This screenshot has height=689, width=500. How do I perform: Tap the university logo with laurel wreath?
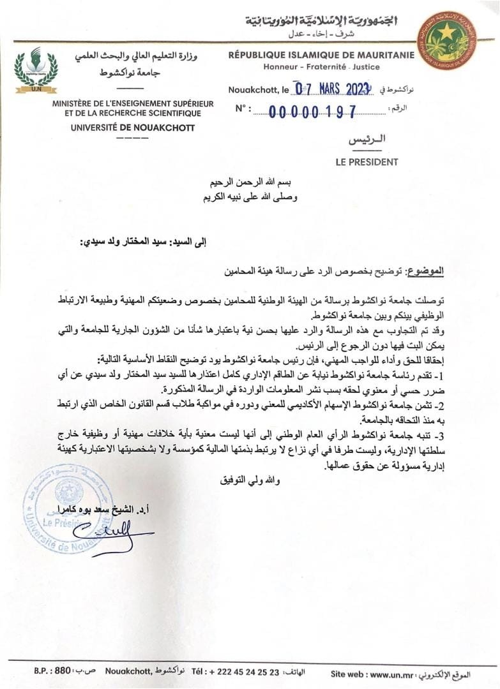coord(36,68)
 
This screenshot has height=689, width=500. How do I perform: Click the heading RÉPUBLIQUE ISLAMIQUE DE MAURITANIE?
coord(321,55)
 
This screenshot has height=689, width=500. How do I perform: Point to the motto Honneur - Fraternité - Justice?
coord(321,66)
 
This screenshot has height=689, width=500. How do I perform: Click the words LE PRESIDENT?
coord(367,162)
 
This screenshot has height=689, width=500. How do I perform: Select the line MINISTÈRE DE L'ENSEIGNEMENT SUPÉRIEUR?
coord(136,103)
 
